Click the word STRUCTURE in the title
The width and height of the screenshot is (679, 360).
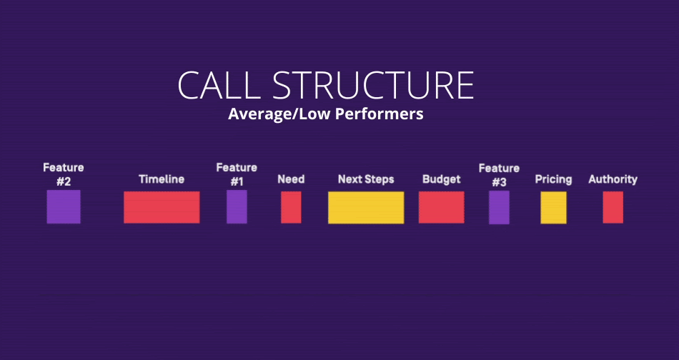pyautogui.click(x=373, y=85)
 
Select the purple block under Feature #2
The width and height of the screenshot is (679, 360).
pyautogui.click(x=64, y=207)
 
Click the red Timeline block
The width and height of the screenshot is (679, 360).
pyautogui.click(x=162, y=207)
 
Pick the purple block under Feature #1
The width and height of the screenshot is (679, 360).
pyautogui.click(x=237, y=207)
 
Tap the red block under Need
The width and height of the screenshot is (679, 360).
pyautogui.click(x=291, y=207)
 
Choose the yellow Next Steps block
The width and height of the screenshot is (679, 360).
pyautogui.click(x=366, y=207)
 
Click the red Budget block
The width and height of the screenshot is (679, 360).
pyautogui.click(x=441, y=207)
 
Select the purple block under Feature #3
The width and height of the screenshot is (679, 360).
pyautogui.click(x=499, y=207)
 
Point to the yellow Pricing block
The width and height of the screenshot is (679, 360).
pyautogui.click(x=553, y=207)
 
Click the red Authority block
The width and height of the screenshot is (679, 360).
pyautogui.click(x=613, y=207)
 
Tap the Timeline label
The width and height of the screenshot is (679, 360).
pyautogui.click(x=162, y=179)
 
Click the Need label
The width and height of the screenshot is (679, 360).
pyautogui.click(x=291, y=179)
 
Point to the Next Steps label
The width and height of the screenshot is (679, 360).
pyautogui.click(x=366, y=179)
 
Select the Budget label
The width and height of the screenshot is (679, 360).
pyautogui.click(x=441, y=179)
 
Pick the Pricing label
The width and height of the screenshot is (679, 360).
pyautogui.click(x=553, y=179)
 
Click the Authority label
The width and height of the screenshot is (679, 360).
pyautogui.click(x=613, y=179)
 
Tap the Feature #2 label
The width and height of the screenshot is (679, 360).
pyautogui.click(x=64, y=174)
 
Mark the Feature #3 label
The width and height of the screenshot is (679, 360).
pyautogui.click(x=499, y=174)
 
